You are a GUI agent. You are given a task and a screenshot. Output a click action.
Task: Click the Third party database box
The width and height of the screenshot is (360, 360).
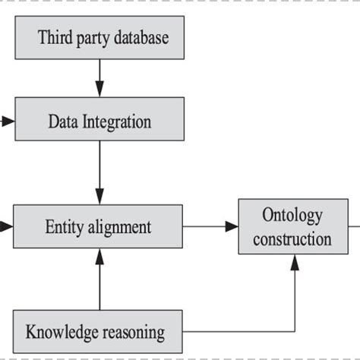(103, 37)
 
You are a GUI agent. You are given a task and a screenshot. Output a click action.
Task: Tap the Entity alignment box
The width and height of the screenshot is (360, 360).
(99, 226)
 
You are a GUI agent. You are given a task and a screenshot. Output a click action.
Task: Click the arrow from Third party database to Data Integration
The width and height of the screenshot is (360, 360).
(99, 78)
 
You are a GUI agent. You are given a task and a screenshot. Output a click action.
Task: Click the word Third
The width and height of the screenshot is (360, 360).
(55, 37)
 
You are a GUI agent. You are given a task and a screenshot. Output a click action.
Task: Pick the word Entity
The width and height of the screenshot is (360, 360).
(63, 226)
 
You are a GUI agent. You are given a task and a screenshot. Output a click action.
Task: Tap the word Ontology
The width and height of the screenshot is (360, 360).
(292, 215)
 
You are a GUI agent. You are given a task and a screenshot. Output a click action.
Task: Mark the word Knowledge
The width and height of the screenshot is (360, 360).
(63, 331)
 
